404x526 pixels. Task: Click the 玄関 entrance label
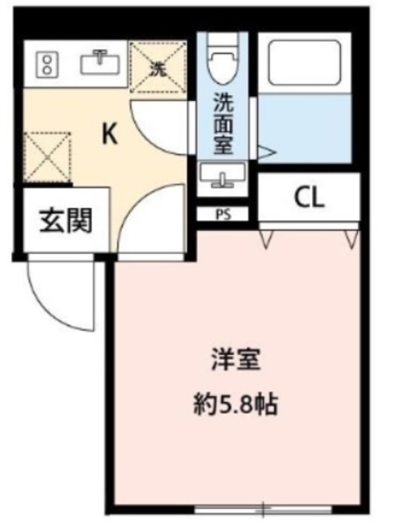coord(64,219)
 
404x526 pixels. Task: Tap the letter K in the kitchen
coord(109,134)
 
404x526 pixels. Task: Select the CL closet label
coord(310,197)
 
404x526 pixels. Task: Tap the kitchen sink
coord(101,62)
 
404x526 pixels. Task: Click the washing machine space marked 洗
coord(159,63)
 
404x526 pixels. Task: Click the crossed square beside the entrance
coord(46,156)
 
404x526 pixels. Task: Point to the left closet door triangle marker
coord(268,238)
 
